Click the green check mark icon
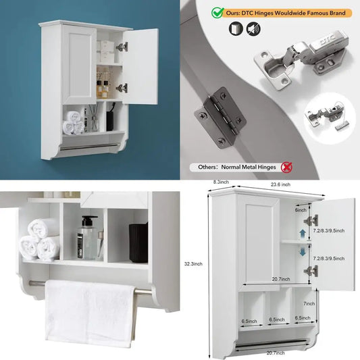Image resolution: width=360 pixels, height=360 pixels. click(217, 13)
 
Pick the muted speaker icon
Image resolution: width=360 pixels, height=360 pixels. click(252, 28)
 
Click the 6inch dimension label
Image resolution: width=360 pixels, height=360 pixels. click(301, 210)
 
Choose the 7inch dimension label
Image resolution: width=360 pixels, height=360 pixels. click(309, 284)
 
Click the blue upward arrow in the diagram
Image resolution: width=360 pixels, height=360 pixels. click(302, 232)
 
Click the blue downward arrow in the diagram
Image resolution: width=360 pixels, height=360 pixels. click(302, 249)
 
